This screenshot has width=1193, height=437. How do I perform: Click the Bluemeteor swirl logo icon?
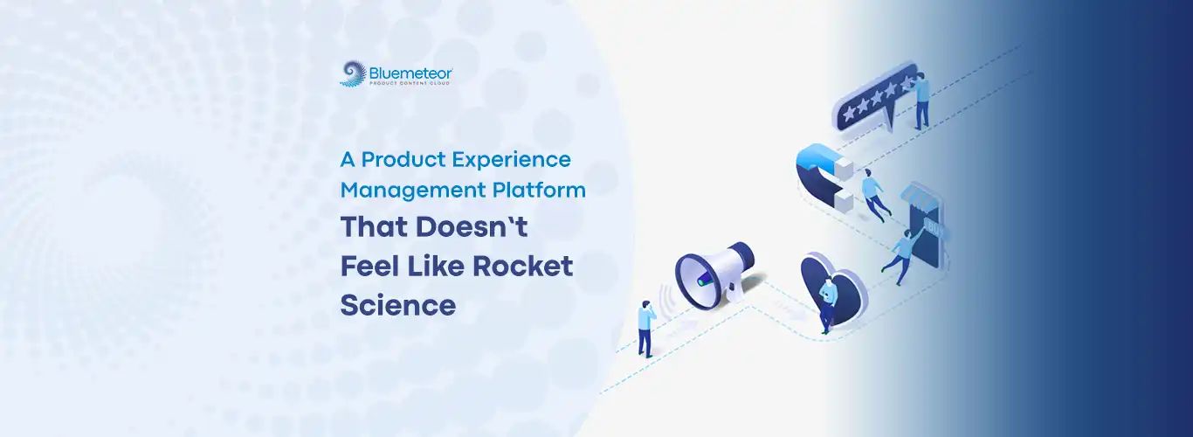click(x=354, y=73)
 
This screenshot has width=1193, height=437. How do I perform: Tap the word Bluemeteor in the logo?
click(x=410, y=73)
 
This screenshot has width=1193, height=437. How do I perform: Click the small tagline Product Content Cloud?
click(x=410, y=83)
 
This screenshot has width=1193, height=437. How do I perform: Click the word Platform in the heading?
click(x=539, y=190)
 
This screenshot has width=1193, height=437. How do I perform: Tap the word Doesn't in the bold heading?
click(x=472, y=226)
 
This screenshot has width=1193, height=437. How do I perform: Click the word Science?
click(x=398, y=305)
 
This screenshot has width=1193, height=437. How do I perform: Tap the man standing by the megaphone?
click(x=646, y=329)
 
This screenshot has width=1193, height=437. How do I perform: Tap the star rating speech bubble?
click(x=876, y=100)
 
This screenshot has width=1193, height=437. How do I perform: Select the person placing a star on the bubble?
click(x=921, y=101)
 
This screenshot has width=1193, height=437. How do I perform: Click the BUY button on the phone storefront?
click(x=934, y=227)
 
